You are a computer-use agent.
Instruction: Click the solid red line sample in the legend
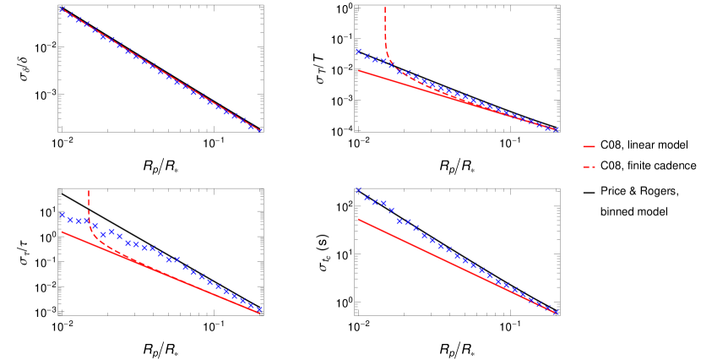point(589,146)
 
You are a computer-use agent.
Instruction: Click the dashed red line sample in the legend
point(589,166)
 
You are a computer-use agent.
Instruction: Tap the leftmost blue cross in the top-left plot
point(62,9)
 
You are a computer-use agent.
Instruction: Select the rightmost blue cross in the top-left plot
point(259,130)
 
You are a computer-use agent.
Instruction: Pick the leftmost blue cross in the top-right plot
point(358,52)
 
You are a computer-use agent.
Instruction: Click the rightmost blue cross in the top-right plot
point(556,129)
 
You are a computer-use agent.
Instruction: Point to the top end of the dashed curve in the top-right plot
point(385,8)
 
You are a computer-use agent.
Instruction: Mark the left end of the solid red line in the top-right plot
point(359,71)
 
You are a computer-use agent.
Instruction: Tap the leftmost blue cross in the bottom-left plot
point(62,215)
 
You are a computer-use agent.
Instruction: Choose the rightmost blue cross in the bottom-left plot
point(259,309)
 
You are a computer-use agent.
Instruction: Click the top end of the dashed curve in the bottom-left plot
point(89,191)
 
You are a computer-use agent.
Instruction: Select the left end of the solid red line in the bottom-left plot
point(62,232)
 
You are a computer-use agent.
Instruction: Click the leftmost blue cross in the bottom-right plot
point(358,190)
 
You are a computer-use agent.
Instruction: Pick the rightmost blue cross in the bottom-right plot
point(556,312)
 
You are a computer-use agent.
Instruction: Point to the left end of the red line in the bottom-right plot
point(359,219)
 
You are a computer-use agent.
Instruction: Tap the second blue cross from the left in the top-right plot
point(367,57)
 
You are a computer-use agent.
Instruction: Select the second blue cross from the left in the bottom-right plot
point(367,198)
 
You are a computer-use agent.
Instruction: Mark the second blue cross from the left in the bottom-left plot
point(71,220)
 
